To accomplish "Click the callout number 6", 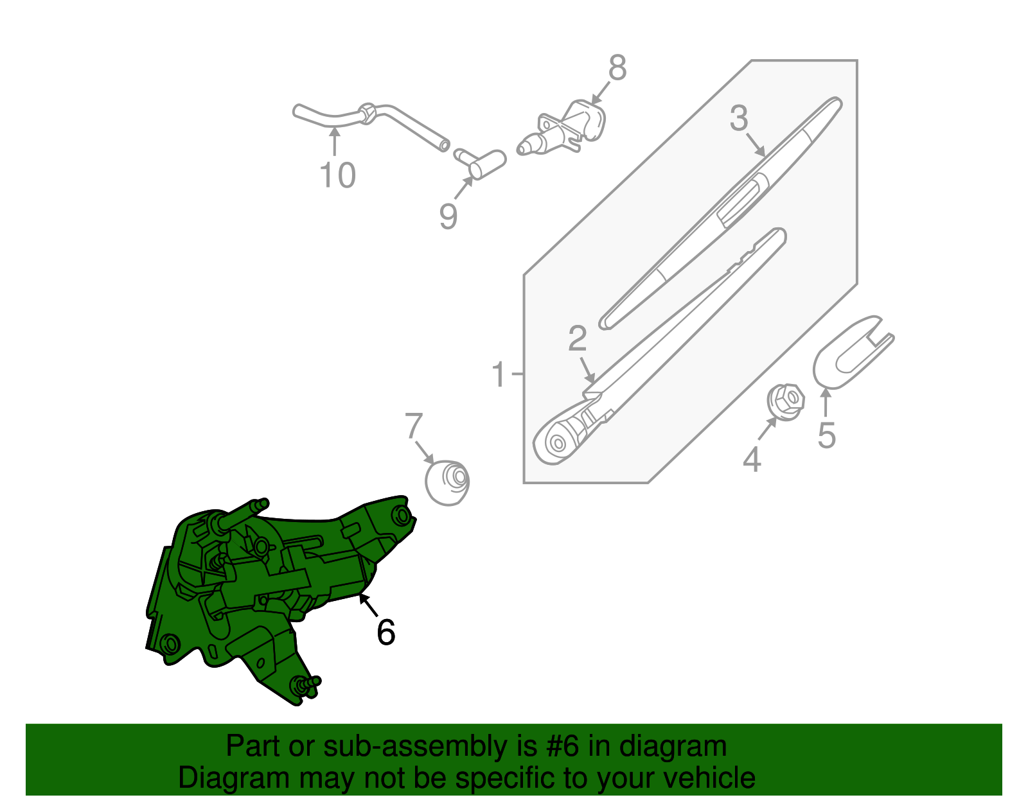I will (x=385, y=632).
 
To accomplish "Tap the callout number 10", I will (x=337, y=175).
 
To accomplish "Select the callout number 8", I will (x=617, y=68).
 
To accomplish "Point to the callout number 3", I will (x=739, y=119).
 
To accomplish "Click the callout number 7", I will (x=414, y=426).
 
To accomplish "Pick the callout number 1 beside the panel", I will (x=499, y=374).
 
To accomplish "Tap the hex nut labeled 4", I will (x=786, y=402).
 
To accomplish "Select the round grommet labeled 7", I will (x=448, y=482).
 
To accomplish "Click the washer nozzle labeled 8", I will (x=565, y=128).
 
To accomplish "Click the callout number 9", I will (x=448, y=216).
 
